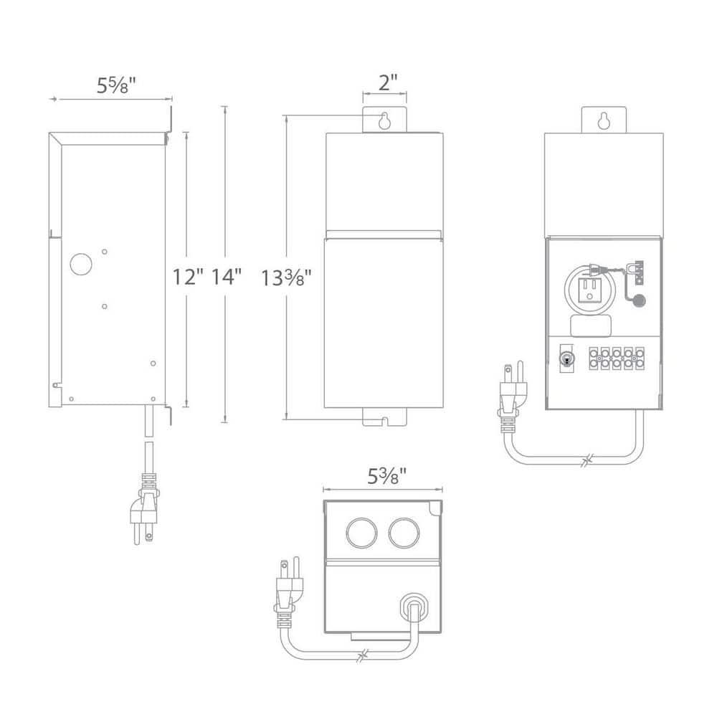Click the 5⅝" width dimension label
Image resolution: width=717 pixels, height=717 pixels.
click(116, 85)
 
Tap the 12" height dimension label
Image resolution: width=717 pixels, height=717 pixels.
click(189, 276)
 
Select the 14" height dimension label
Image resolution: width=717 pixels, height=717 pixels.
click(225, 276)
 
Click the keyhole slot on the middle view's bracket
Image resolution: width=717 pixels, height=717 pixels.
click(386, 121)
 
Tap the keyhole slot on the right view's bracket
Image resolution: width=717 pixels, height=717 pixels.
click(604, 121)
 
